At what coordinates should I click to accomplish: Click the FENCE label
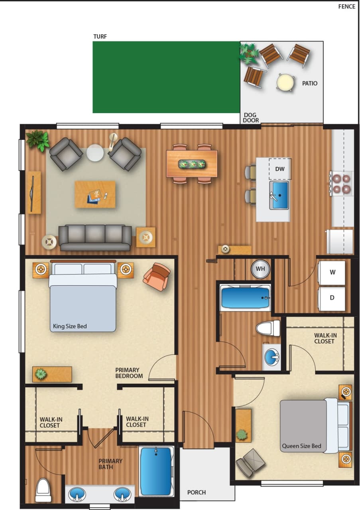pyautogui.click(x=346, y=6)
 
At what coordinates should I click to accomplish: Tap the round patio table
pyautogui.click(x=285, y=82)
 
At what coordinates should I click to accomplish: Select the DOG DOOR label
pyautogui.click(x=251, y=118)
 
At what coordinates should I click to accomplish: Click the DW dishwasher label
pyautogui.click(x=280, y=169)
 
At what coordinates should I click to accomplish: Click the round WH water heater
pyautogui.click(x=260, y=269)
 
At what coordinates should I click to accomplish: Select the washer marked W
pyautogui.click(x=332, y=273)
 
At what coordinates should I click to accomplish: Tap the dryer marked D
pyautogui.click(x=332, y=298)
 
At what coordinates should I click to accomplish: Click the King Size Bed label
pyautogui.click(x=70, y=326)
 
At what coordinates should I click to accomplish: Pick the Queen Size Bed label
pyautogui.click(x=301, y=446)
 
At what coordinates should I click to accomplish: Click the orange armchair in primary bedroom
pyautogui.click(x=157, y=276)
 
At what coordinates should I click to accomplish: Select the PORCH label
pyautogui.click(x=197, y=492)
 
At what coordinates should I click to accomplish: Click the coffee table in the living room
pyautogui.click(x=95, y=194)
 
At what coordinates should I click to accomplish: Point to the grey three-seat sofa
pyautogui.click(x=95, y=237)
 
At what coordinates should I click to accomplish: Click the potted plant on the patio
pyautogui.click(x=250, y=54)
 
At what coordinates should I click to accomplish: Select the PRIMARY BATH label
pyautogui.click(x=110, y=464)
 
